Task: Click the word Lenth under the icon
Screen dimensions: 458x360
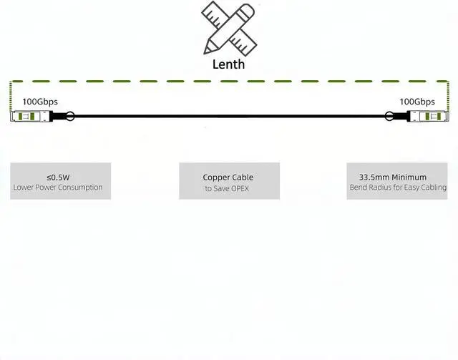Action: coord(228,64)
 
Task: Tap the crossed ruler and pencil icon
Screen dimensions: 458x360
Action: coord(229,29)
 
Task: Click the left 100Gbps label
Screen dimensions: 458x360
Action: coord(40,102)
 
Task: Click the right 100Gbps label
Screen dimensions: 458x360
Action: coord(417,102)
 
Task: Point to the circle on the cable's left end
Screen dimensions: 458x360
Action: coord(70,116)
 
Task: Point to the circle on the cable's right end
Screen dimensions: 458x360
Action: coord(389,116)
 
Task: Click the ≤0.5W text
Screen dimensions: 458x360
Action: coord(58,177)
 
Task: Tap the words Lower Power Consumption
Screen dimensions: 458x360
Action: coord(58,188)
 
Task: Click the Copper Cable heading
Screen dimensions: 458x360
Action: coord(228,177)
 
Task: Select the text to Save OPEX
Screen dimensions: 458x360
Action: coord(227,188)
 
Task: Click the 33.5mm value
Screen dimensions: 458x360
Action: coord(374,177)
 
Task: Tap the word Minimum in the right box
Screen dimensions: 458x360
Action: coord(409,177)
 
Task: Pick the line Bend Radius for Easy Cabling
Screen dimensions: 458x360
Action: coord(398,188)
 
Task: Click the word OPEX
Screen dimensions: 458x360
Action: coord(239,188)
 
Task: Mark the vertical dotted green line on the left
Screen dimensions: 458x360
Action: coord(11,97)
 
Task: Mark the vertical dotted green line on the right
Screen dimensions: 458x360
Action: coord(449,97)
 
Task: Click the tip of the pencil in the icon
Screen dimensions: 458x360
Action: coord(205,53)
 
